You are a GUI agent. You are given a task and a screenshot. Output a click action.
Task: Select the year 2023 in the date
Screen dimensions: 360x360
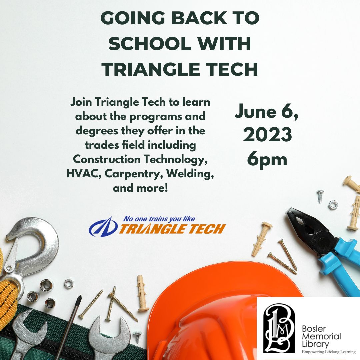(x=267, y=135)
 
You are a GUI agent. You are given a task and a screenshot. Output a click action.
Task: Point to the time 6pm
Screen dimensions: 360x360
(x=267, y=159)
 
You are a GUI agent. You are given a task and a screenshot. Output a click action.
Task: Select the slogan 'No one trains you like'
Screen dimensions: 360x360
(x=159, y=219)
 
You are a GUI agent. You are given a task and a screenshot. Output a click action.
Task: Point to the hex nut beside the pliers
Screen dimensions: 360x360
(x=333, y=205)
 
